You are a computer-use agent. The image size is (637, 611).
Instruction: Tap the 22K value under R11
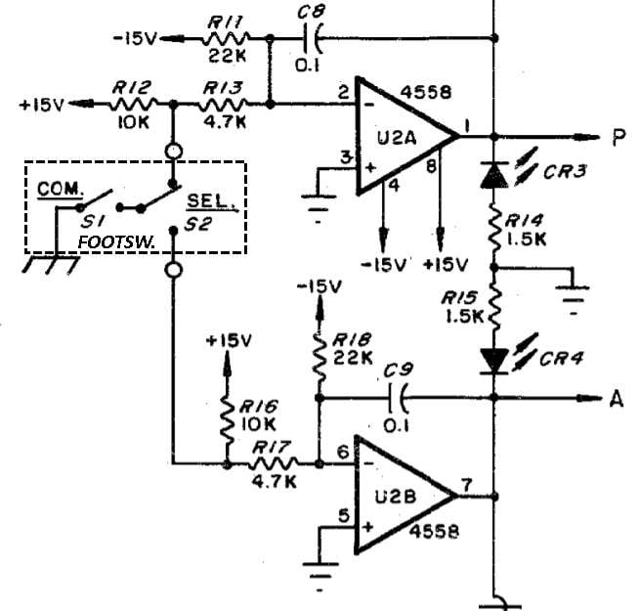click(227, 56)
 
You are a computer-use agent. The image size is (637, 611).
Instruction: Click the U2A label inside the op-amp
click(397, 139)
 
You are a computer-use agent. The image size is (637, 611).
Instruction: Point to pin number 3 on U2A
click(346, 157)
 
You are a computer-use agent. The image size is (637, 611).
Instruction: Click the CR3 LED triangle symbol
click(494, 175)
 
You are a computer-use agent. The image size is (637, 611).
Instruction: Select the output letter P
click(618, 137)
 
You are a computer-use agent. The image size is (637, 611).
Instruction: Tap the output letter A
click(616, 399)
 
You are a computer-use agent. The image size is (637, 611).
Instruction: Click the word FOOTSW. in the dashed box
click(116, 242)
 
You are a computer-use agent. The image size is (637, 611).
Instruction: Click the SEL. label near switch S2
click(211, 200)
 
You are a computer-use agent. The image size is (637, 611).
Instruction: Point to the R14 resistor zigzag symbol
click(494, 229)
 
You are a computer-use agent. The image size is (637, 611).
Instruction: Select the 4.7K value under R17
click(274, 482)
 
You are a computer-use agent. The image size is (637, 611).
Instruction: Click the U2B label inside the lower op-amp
click(395, 498)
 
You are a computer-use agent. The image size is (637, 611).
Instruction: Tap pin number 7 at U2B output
click(466, 485)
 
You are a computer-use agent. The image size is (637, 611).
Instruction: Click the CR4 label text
click(562, 359)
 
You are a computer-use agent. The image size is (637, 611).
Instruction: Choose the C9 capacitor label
click(399, 370)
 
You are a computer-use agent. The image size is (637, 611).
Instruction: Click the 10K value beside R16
click(258, 424)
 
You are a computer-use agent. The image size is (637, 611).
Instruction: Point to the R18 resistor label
click(352, 340)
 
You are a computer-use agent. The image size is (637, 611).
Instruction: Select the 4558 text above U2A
click(426, 93)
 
